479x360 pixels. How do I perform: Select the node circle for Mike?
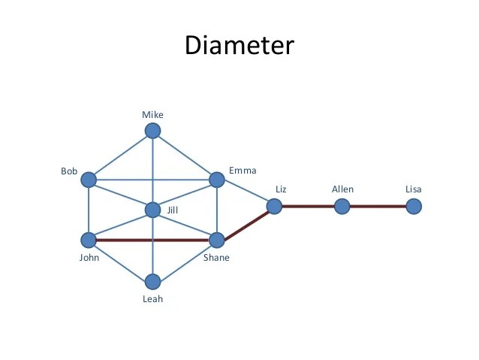pos(153,132)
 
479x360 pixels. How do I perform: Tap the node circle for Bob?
pos(89,180)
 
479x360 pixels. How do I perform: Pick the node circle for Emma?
pos(217,180)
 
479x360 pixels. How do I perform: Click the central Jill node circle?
pos(153,210)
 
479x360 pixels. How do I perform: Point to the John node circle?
pos(89,241)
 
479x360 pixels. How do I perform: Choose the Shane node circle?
pos(217,241)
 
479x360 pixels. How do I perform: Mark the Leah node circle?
pos(153,282)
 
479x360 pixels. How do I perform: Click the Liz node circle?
pos(274,205)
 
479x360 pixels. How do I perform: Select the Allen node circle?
pos(342,205)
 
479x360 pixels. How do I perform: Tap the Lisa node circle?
pos(413,205)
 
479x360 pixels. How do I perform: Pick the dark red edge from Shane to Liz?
pos(246,223)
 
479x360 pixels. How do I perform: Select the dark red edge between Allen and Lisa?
pos(378,205)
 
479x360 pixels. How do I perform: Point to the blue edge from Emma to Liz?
pos(246,192)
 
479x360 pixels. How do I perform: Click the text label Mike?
pos(152,115)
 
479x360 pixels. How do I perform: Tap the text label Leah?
pos(152,299)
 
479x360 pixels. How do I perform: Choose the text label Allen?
pos(342,189)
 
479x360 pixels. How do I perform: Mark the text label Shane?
pos(216,259)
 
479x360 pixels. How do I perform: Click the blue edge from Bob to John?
pos(89,210)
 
